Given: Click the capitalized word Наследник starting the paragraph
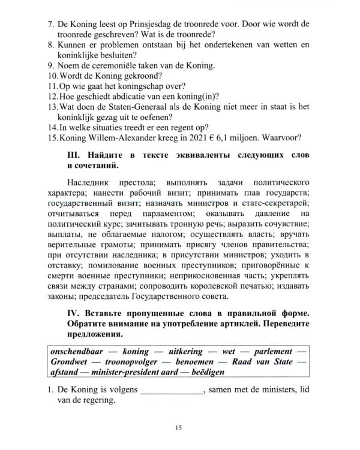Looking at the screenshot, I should (89, 181).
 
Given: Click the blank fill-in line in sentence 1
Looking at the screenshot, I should (172, 391).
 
